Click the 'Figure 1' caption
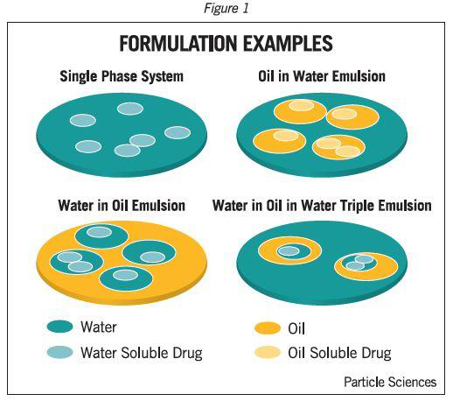226,8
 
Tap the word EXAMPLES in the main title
288,44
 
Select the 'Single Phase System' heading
122,76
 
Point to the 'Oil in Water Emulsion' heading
322,76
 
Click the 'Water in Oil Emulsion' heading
122,206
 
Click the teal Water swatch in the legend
59,327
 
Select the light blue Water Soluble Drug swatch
59,352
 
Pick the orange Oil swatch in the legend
268,328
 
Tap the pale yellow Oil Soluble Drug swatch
268,352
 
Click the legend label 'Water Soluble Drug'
142,353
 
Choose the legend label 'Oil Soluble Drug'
339,353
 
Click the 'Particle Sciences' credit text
390,382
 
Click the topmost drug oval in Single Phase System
130,109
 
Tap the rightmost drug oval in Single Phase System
178,132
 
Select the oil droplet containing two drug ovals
338,147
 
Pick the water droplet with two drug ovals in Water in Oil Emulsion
76,262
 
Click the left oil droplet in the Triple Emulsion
289,250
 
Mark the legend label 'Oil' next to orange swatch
296,328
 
